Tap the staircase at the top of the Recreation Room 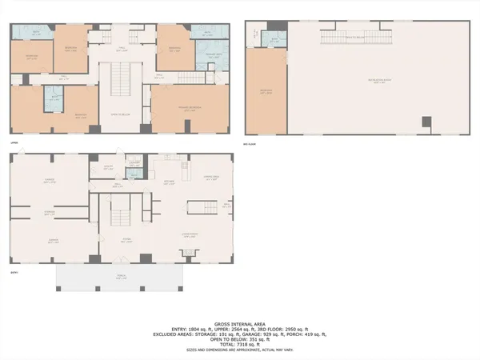coord(345,38)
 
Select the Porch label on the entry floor coord(119,277)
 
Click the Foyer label coord(126,239)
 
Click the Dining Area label coord(211,178)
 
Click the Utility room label coord(108,166)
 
